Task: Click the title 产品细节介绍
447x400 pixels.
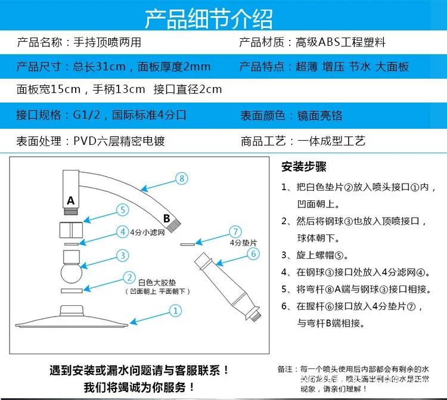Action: [223, 18]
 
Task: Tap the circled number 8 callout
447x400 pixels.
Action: [182, 178]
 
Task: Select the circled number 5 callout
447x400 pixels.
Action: [122, 210]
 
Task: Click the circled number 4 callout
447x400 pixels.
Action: [122, 232]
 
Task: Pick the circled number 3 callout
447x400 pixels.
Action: [122, 255]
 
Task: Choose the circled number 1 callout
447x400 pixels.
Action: [175, 311]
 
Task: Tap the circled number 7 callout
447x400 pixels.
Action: [235, 231]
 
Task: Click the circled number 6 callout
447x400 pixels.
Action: [253, 254]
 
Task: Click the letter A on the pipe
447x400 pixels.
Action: [70, 201]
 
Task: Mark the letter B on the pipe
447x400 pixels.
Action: [167, 218]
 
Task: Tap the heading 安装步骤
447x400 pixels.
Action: [303, 167]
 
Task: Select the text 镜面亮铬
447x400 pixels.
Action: [320, 115]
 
